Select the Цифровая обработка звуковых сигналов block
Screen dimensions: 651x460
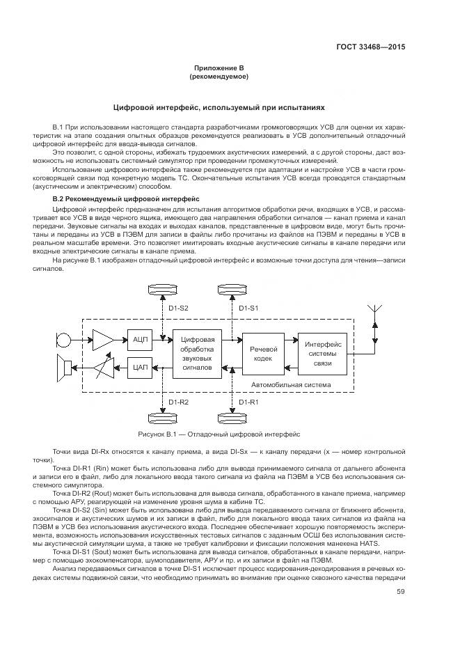(x=197, y=352)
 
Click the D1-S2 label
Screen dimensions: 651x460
(x=179, y=307)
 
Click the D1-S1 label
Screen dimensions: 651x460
(x=248, y=307)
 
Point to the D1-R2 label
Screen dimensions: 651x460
(x=179, y=402)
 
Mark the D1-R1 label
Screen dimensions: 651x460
(x=248, y=402)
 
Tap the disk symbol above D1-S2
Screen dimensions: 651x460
(x=161, y=289)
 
